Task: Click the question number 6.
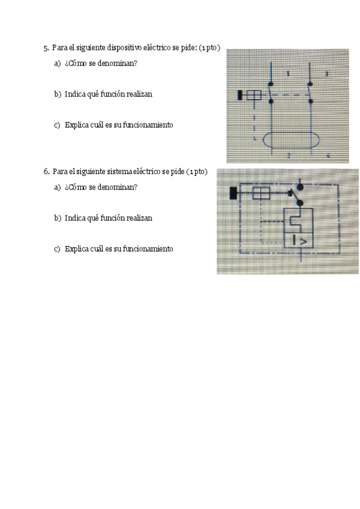(46, 172)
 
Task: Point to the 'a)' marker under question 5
(58, 63)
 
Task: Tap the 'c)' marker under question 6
(58, 248)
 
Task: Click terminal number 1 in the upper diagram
(288, 74)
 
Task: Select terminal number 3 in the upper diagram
(326, 74)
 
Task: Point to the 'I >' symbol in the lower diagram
(299, 241)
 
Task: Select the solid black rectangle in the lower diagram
(233, 193)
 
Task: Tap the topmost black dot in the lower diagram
(300, 187)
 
